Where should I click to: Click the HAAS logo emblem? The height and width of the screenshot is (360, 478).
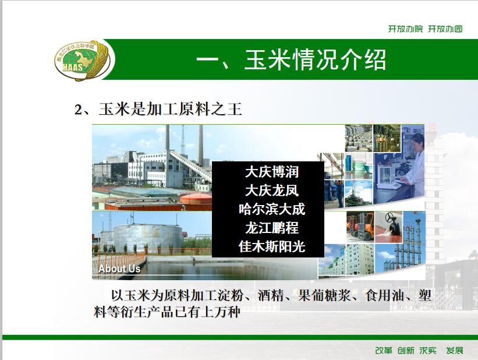click(84, 60)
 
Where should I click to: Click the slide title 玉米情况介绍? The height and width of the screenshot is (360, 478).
click(315, 59)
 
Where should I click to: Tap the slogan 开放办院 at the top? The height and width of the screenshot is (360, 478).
click(405, 29)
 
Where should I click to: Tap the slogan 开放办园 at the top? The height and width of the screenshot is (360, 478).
click(445, 29)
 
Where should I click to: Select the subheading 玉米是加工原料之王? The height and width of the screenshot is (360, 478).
click(170, 109)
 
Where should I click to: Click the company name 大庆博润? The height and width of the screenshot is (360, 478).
click(272, 172)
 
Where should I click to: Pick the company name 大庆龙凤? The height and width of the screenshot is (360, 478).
click(272, 190)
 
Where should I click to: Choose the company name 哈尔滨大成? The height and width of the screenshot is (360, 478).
click(272, 209)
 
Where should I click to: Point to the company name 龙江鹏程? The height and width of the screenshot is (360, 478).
click(272, 228)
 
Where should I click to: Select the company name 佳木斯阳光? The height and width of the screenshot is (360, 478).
click(272, 246)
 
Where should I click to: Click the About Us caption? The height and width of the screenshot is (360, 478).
click(119, 269)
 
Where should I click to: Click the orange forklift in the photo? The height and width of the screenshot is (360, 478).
click(361, 226)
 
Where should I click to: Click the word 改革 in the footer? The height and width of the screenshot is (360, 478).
click(384, 351)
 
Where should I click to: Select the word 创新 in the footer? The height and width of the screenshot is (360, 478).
click(406, 351)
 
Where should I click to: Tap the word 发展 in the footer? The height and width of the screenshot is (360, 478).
click(455, 351)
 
